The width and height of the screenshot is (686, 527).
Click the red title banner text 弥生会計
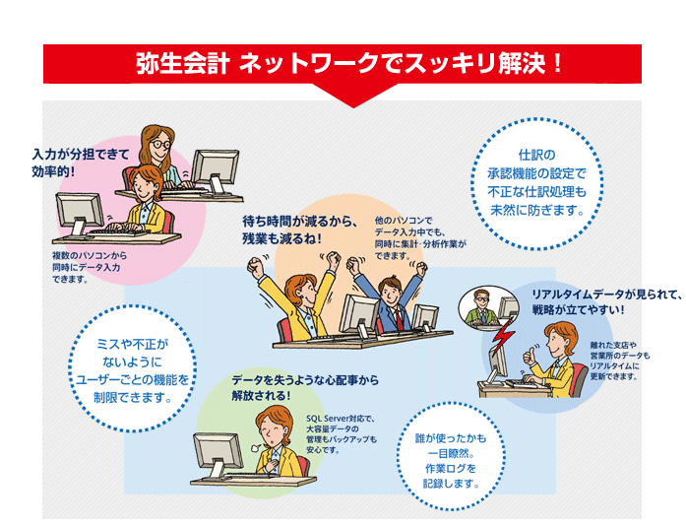click(184, 65)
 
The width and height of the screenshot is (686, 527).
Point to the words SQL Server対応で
click(341, 418)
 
